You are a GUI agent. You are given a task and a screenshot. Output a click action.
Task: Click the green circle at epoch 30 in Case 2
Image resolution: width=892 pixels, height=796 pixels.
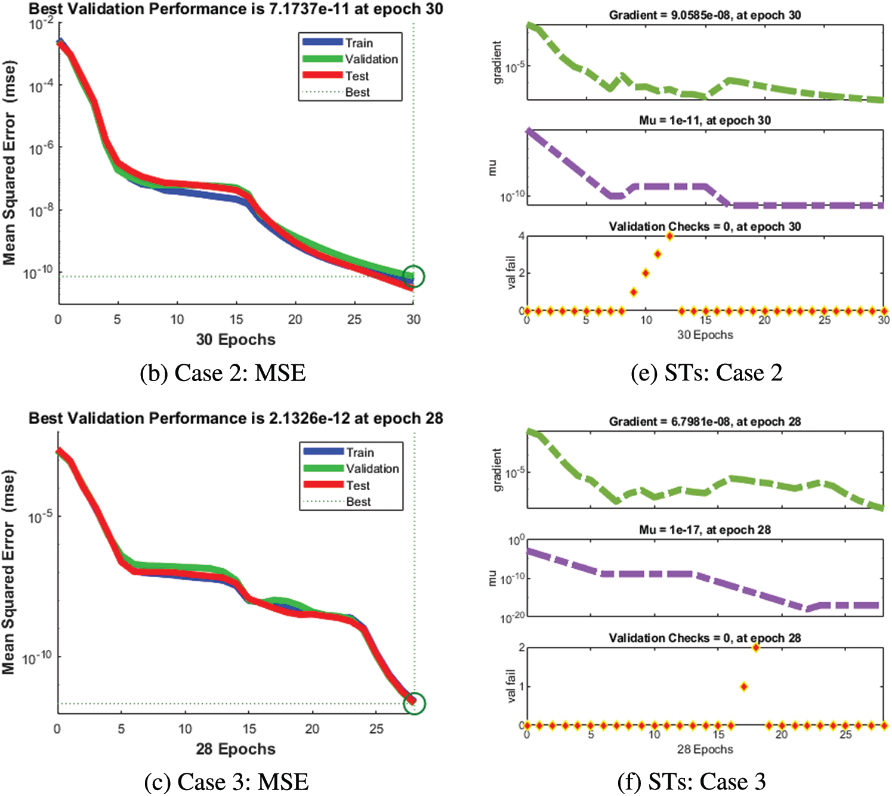pos(413,276)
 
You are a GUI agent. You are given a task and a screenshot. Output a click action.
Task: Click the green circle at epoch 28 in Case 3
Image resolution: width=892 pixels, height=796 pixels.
pos(413,703)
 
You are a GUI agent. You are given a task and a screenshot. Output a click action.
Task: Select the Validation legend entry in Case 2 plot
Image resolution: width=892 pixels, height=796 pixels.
pos(371,59)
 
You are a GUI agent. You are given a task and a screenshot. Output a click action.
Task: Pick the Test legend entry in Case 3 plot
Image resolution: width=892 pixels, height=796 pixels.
pos(358,485)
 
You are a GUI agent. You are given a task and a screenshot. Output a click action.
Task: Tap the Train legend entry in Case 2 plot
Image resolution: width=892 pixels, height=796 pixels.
pos(359,43)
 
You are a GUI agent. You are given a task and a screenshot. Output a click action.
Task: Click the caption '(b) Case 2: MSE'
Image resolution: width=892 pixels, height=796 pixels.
pos(223,373)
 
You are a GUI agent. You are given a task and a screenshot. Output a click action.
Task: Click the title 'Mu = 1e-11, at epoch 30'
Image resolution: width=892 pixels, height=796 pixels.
pos(705,120)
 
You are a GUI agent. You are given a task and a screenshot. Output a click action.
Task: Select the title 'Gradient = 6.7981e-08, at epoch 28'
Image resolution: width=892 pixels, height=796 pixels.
pos(705,422)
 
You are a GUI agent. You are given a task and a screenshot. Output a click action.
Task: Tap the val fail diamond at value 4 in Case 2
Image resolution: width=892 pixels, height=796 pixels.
pos(669,236)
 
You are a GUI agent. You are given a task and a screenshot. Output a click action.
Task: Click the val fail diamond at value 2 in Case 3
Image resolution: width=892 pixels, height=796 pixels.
pos(755,648)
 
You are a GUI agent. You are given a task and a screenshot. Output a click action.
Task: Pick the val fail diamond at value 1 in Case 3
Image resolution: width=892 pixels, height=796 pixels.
pos(743,686)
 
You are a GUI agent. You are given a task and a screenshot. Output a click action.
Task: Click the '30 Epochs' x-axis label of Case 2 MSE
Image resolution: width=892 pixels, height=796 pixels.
pos(236,340)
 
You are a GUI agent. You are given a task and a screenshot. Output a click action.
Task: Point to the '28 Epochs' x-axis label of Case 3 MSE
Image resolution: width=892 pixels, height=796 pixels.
pos(236,749)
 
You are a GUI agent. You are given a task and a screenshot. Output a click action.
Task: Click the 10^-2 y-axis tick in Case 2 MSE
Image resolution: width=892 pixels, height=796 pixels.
pos(41,24)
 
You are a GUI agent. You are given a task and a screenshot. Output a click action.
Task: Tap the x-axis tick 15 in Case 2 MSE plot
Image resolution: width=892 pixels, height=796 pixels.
pos(236,320)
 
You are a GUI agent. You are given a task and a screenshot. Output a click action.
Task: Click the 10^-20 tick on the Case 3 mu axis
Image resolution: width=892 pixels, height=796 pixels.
pos(513,618)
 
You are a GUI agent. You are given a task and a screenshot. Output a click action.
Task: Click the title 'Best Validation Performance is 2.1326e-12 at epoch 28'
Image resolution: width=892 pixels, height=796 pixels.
pos(236,419)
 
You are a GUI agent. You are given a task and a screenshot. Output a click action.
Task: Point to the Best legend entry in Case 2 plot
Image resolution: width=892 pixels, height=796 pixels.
pos(357,92)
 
